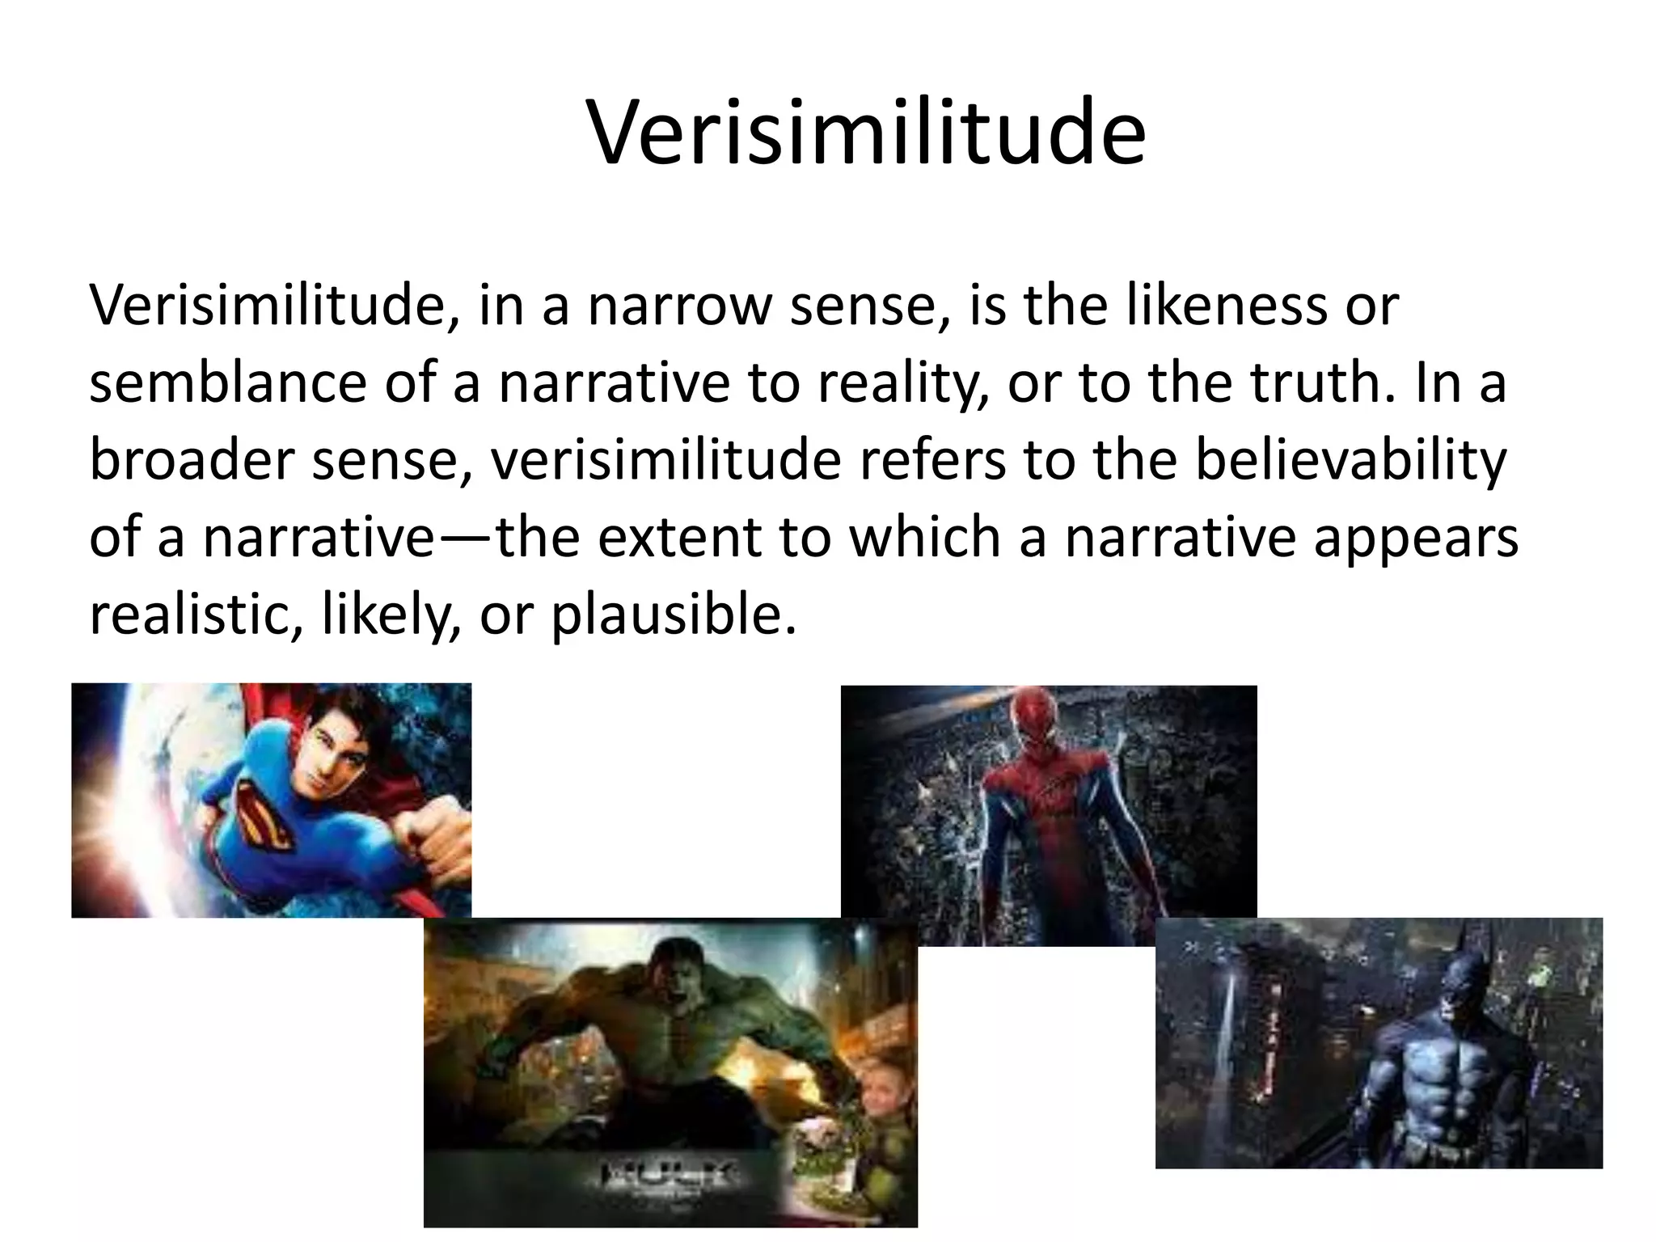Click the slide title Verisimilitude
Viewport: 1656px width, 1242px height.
click(x=866, y=132)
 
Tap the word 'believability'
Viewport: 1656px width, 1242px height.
click(x=1350, y=461)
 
